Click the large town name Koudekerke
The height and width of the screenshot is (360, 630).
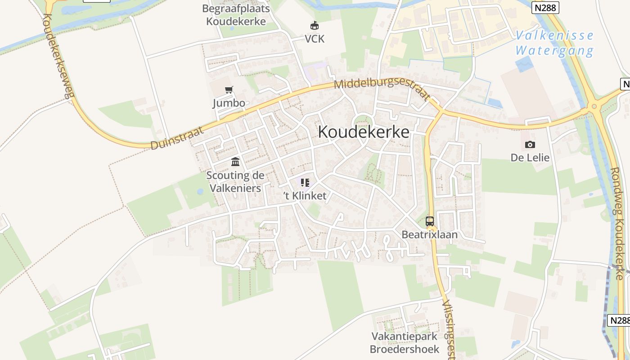[x=364, y=132]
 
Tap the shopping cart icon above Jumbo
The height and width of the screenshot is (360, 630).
[x=229, y=90]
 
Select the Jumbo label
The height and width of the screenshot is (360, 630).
[x=229, y=103]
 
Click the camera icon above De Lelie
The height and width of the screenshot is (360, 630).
[x=530, y=144]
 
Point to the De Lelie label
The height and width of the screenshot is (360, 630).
[x=530, y=157]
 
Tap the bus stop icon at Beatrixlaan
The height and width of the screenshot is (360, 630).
[x=430, y=221]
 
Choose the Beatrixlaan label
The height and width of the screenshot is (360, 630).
[x=429, y=234]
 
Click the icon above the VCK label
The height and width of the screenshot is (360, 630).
[x=314, y=26]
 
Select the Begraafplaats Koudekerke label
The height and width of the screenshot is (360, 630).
[x=236, y=15]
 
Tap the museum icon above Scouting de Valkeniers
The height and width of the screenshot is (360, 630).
[x=235, y=162]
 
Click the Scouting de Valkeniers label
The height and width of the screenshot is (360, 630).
[x=235, y=181]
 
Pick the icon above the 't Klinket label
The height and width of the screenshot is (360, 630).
[x=305, y=183]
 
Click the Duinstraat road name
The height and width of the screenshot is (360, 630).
[x=177, y=138]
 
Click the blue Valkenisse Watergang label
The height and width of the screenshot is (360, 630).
[x=554, y=43]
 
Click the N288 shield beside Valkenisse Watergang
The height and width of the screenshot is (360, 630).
[x=544, y=8]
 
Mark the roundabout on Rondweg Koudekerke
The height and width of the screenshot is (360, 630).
[x=594, y=107]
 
